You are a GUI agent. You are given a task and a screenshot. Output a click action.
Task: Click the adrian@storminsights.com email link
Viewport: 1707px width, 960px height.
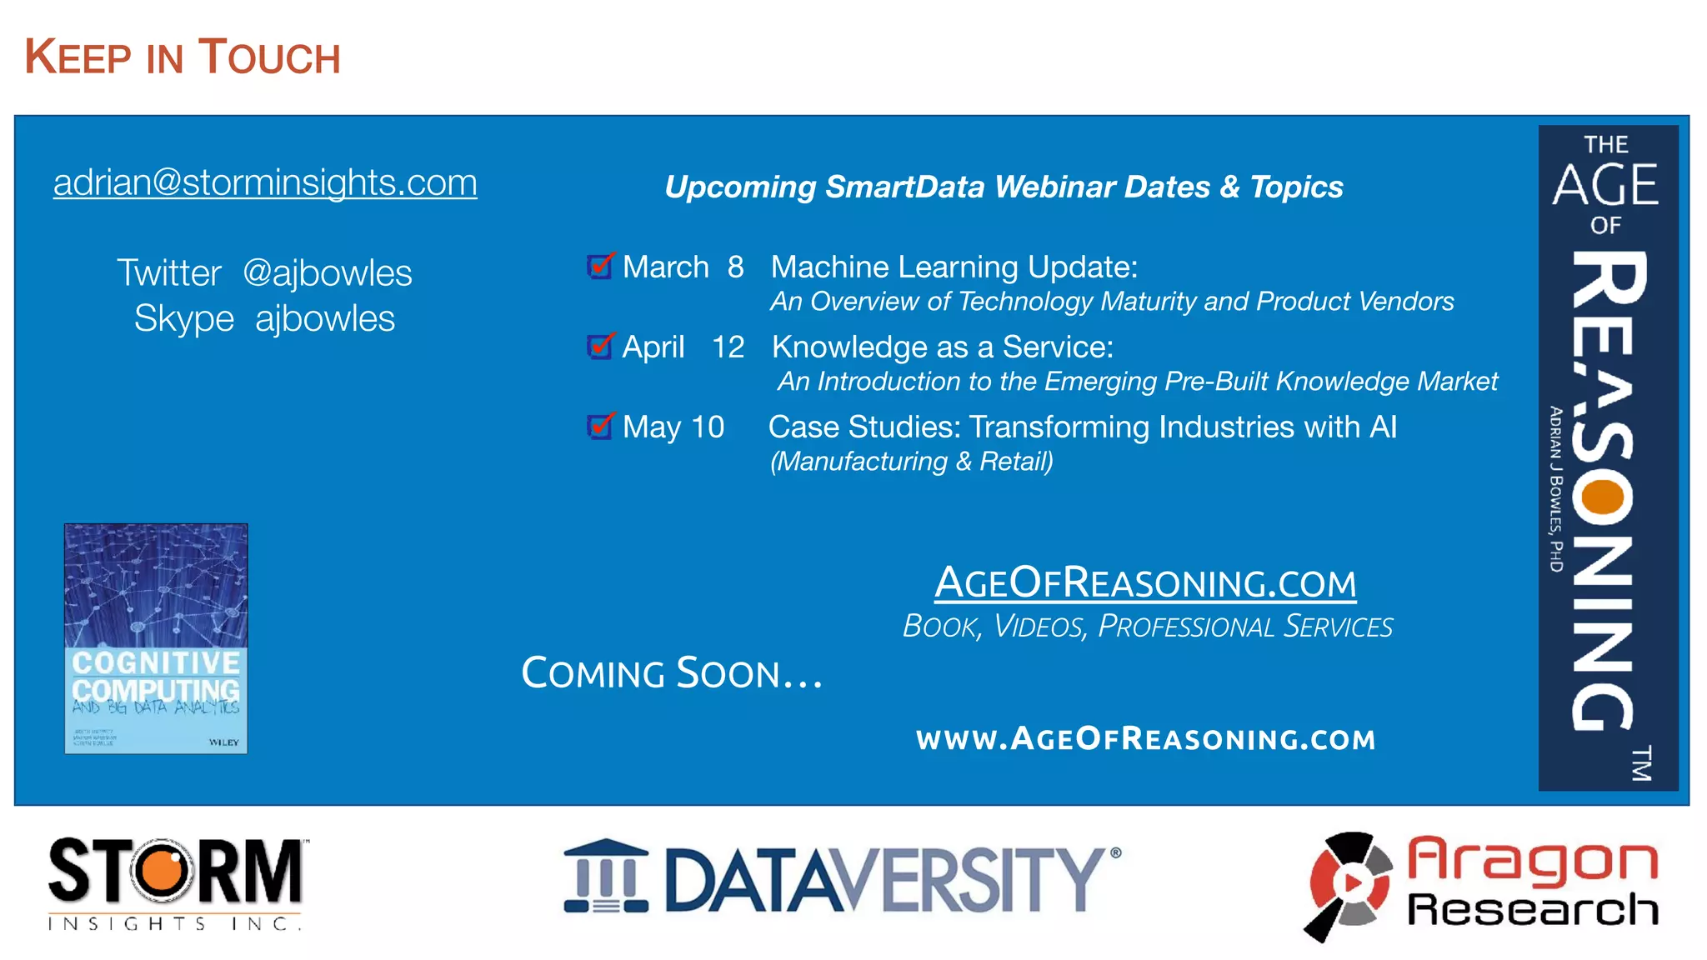(x=265, y=183)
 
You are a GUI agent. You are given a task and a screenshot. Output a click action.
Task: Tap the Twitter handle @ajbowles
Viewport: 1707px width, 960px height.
(x=327, y=273)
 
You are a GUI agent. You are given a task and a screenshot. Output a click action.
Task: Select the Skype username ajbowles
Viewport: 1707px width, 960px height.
(x=324, y=319)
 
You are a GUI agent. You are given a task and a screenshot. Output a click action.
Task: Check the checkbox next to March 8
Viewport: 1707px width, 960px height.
(x=599, y=267)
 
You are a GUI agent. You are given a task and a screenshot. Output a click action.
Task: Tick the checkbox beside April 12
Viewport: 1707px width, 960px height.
(x=599, y=347)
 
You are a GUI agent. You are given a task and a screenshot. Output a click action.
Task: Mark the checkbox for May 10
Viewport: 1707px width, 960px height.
(x=599, y=427)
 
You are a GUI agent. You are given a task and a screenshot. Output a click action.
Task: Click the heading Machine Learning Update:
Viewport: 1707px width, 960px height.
(x=954, y=267)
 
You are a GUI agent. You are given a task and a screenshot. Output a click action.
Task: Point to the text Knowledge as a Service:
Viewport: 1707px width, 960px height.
(x=942, y=347)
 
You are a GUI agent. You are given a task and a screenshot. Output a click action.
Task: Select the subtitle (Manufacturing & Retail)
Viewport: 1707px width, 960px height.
(x=911, y=462)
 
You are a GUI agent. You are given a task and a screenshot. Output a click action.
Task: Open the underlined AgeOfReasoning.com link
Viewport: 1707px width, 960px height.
(x=1145, y=582)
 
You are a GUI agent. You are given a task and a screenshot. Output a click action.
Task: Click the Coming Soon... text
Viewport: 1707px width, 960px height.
(x=672, y=673)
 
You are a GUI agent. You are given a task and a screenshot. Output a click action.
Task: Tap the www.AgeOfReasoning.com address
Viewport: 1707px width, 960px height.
(x=1145, y=739)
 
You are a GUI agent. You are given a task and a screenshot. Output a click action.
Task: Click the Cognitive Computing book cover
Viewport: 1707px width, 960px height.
(x=156, y=638)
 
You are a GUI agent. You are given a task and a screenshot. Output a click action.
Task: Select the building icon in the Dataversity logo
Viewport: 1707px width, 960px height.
(x=606, y=877)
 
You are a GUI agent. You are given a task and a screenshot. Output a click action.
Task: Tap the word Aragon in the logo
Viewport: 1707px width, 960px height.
(x=1532, y=862)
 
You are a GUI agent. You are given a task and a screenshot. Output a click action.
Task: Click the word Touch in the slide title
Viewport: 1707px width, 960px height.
(x=269, y=57)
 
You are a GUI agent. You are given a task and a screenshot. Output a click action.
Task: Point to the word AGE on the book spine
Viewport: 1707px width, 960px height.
(x=1605, y=184)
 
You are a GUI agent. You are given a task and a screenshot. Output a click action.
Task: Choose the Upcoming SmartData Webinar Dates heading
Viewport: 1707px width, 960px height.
(x=1003, y=187)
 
